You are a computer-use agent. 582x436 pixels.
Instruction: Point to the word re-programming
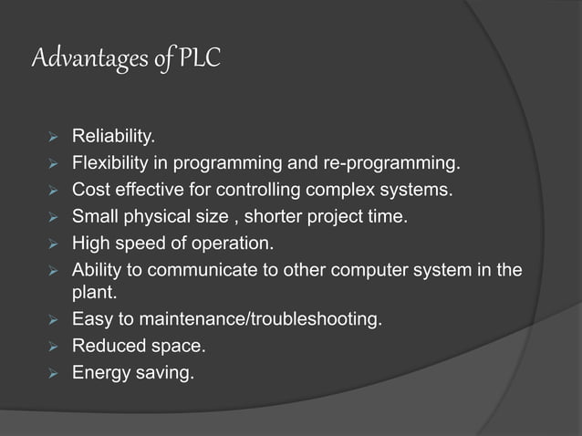pos(395,165)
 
